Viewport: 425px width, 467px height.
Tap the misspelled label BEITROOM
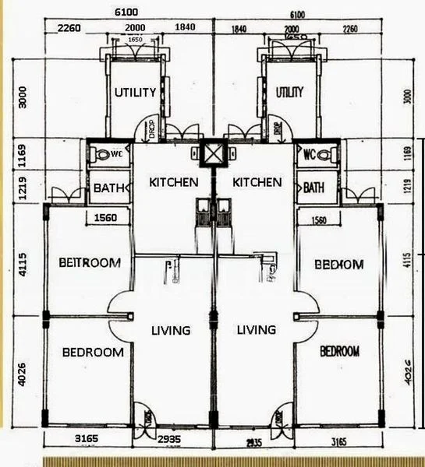pos(90,263)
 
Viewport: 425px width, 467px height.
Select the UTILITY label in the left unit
pos(135,92)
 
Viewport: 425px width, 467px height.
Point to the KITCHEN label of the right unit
pos(257,182)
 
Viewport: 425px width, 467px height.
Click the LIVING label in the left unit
pos(170,330)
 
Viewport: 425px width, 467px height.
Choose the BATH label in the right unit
pos(313,188)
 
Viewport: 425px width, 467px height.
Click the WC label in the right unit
pos(309,153)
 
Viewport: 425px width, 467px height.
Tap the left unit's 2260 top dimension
pos(71,29)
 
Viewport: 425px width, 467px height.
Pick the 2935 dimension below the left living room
pos(168,440)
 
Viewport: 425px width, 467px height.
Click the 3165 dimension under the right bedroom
pos(336,441)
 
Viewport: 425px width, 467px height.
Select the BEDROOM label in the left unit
pos(93,352)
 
